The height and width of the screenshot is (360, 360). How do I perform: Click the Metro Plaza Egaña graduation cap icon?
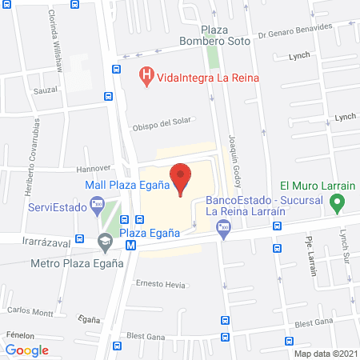(x=105, y=240)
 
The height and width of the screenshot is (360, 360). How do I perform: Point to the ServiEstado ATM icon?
(x=98, y=206)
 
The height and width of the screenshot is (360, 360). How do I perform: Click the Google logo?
(x=27, y=350)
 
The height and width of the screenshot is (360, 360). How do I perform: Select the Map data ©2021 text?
(x=326, y=353)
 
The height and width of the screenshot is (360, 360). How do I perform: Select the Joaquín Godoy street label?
(x=234, y=157)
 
